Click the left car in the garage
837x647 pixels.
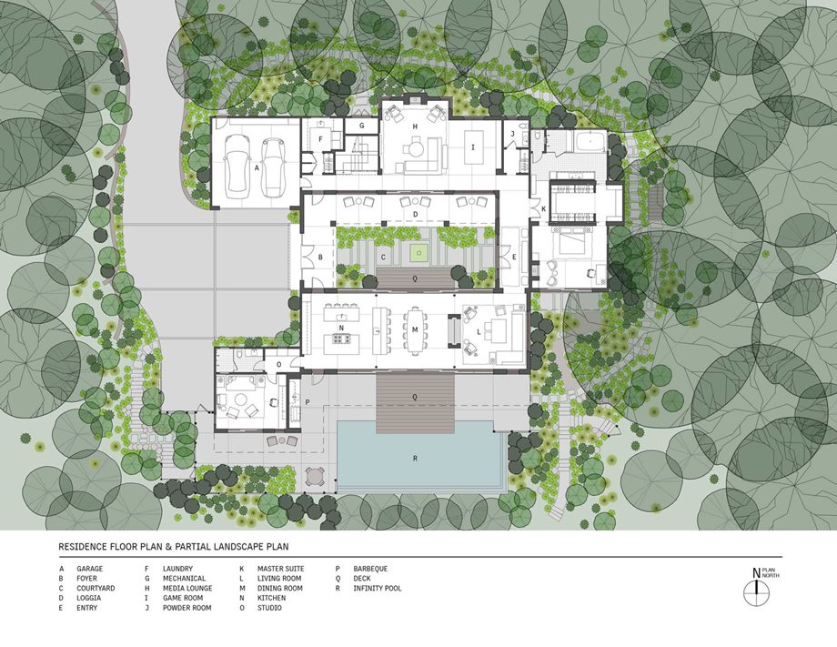237,167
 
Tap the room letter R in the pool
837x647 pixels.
415,459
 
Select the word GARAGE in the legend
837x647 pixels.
90,569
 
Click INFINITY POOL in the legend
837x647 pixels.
378,588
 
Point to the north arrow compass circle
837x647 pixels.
756,592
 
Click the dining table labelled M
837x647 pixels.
414,330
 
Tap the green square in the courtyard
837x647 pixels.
419,252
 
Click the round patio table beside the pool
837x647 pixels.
315,475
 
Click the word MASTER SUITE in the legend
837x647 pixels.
281,569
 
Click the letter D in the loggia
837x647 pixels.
415,215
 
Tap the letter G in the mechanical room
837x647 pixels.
361,126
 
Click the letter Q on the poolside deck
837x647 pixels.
415,397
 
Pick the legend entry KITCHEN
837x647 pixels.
272,598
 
